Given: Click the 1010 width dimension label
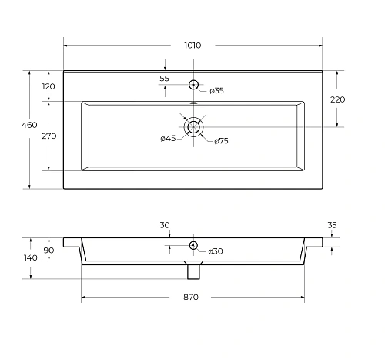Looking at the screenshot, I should coord(192,45).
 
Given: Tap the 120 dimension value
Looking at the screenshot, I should coord(49,86).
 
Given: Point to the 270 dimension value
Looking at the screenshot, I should coord(49,136).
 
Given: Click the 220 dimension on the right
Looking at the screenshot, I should coord(338,99).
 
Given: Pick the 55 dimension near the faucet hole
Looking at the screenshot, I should coord(165,79).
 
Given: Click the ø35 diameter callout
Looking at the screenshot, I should coord(216,91).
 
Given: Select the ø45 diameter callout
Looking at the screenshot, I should coord(168,139).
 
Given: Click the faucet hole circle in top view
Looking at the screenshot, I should coord(193,85).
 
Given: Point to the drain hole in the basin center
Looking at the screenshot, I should coord(193,126).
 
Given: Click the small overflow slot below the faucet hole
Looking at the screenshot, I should coord(193,101).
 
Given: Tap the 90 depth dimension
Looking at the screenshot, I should coord(49,251).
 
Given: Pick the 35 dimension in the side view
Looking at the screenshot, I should coord(332,225).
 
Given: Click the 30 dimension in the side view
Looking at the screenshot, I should coord(165,225).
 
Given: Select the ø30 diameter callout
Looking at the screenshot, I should coord(216,252).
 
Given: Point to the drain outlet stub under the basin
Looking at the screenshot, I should coord(193,271).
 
